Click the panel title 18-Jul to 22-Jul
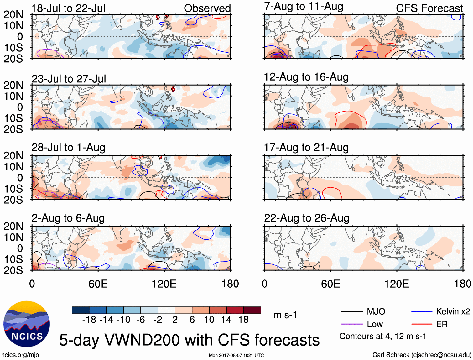pos(68,8)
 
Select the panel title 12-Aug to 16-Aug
pos(306,77)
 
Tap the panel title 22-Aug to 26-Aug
pos(306,218)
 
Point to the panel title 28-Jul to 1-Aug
pos(68,147)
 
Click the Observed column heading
pos(207,8)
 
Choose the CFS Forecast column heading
pos(429,8)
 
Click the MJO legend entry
pos(376,311)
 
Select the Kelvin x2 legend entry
pos(453,311)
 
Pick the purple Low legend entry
pos(375,324)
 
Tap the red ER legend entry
pos(442,324)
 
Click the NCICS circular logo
pos(27,324)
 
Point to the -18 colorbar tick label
pos(89,320)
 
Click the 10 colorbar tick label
pos(209,320)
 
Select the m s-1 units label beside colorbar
pos(285,315)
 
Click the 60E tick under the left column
pos(98,284)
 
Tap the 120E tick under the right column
pos(397,284)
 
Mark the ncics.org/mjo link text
pos(20,355)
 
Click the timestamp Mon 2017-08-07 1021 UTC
pos(236,355)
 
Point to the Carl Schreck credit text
pos(422,355)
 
